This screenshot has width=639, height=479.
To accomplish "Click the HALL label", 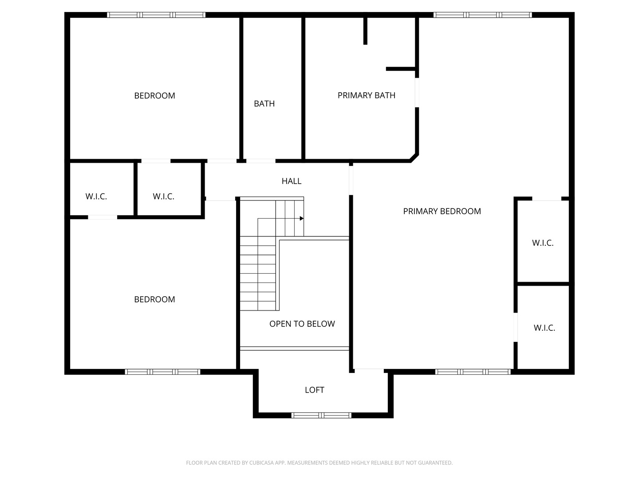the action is (291, 181).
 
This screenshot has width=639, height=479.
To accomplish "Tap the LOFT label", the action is (315, 390).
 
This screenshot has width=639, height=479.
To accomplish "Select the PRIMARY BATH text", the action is (366, 95).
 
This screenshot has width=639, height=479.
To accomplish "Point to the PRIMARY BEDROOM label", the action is (442, 211).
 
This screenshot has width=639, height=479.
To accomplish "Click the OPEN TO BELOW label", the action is (302, 324).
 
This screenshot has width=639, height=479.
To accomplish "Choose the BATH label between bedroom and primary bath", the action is (264, 103).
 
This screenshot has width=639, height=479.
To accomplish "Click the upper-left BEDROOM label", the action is (154, 96).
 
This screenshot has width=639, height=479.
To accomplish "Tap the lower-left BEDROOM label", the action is (154, 299).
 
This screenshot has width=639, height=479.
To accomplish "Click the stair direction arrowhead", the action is (302, 218).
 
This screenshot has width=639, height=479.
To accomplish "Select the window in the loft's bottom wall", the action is (321, 415).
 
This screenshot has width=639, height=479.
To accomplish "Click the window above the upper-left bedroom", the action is (156, 15).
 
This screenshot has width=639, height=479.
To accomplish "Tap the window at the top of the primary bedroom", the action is (482, 15).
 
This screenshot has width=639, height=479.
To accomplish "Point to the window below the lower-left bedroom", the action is (163, 372).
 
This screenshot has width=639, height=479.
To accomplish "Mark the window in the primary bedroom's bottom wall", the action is (473, 372).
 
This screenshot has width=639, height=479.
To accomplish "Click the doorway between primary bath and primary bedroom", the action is (417, 93).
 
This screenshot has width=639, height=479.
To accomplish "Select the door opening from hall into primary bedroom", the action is (351, 181).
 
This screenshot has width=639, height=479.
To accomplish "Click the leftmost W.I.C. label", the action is (96, 196).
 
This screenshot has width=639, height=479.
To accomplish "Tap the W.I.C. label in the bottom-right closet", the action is (544, 328).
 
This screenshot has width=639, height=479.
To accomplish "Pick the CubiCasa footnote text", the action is (319, 463).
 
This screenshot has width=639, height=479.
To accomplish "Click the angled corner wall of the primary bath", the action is (414, 158).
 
